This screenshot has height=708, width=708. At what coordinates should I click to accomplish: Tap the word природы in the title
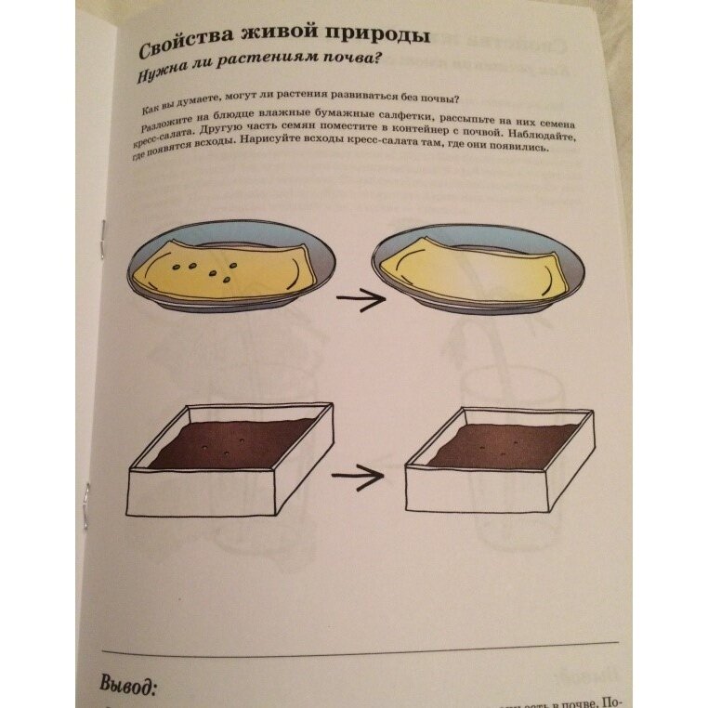coord(382,38)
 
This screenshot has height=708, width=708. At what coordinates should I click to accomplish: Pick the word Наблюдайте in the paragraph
coord(544,136)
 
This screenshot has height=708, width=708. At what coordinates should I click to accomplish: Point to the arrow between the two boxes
coord(357,478)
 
